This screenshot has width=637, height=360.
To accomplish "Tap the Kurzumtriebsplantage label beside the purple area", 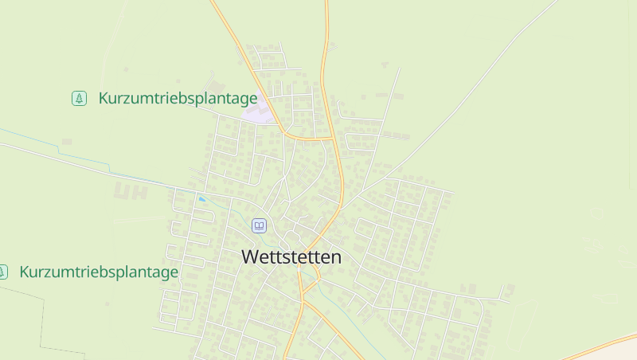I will [x=178, y=99].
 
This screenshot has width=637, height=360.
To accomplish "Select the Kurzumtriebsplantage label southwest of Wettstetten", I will [x=99, y=272].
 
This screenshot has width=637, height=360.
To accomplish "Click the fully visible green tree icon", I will [x=79, y=98].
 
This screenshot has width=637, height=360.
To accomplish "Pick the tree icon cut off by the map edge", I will [x=2, y=272].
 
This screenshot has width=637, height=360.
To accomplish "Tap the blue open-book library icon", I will [x=259, y=225].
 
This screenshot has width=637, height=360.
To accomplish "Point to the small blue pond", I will [x=202, y=198].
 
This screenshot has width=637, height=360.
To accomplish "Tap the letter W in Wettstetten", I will [x=249, y=257].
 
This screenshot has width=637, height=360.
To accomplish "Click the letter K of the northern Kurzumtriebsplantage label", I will [x=104, y=99].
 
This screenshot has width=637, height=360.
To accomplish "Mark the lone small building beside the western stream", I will [x=66, y=142].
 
